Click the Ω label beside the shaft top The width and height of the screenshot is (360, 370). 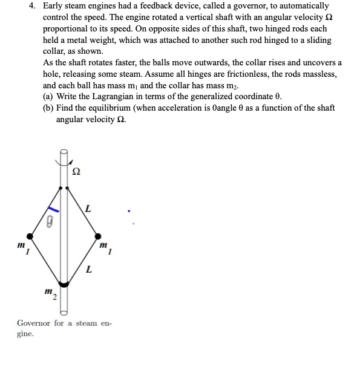pos(76,172)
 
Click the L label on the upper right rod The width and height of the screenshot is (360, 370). pos(88,208)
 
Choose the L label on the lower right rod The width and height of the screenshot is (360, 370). pos(89,270)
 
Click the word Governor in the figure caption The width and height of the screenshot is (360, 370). pos(34,323)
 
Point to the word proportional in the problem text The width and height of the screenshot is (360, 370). pos(67,30)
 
